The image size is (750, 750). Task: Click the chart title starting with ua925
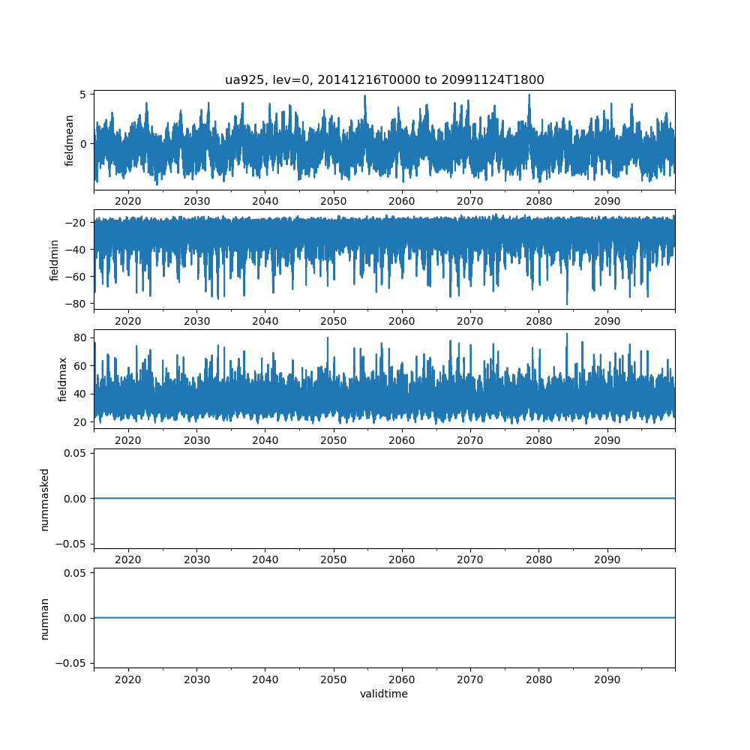tap(384, 79)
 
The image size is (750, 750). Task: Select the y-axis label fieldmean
tap(70, 140)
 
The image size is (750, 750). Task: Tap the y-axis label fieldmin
tap(55, 259)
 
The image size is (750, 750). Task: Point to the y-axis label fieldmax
tap(62, 379)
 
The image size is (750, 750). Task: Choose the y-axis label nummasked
tap(45, 499)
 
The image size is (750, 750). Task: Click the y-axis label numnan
tap(45, 619)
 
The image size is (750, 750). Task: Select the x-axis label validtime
tap(384, 694)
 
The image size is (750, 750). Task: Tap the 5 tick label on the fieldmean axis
tap(84, 94)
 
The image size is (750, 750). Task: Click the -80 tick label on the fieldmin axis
tap(76, 304)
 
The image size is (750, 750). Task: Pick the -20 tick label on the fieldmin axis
tap(76, 222)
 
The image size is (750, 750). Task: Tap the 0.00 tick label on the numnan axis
tap(73, 618)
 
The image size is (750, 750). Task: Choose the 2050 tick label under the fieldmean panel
tap(334, 201)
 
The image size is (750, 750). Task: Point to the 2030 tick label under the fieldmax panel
tap(196, 440)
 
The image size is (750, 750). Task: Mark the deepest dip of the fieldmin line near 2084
tap(567, 304)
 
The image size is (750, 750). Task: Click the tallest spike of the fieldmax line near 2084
tap(567, 334)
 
